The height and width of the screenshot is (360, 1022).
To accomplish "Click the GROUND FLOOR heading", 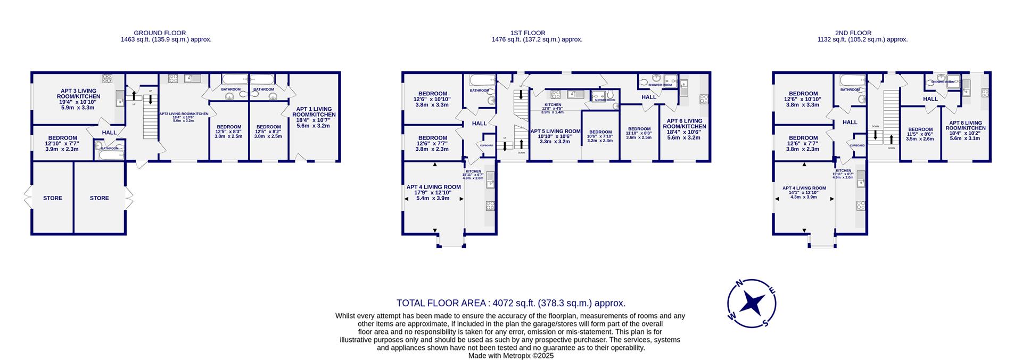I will (x=159, y=33).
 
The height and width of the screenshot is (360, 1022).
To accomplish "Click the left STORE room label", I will (x=53, y=198).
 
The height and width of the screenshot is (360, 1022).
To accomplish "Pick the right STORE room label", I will (x=99, y=198).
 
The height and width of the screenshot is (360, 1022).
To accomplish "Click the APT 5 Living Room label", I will (x=555, y=132).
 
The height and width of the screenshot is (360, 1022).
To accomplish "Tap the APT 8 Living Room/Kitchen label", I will (x=967, y=125).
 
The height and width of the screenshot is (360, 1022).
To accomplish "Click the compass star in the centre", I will (x=752, y=304).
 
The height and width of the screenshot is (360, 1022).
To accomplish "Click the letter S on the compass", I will (x=765, y=323).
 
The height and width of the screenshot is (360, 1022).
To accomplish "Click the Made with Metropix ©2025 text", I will (x=510, y=356).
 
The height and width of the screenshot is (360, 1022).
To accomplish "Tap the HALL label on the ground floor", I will (x=109, y=133).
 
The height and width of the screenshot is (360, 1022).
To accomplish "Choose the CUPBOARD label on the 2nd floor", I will (x=857, y=145).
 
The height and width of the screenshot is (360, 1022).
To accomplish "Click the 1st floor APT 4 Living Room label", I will (x=433, y=187).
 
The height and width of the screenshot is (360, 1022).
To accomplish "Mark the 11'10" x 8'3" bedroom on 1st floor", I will (x=639, y=129).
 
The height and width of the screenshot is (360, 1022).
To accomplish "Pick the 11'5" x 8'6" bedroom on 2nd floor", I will (x=920, y=129).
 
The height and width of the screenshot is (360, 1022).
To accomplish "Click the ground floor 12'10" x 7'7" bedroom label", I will (x=62, y=138).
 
